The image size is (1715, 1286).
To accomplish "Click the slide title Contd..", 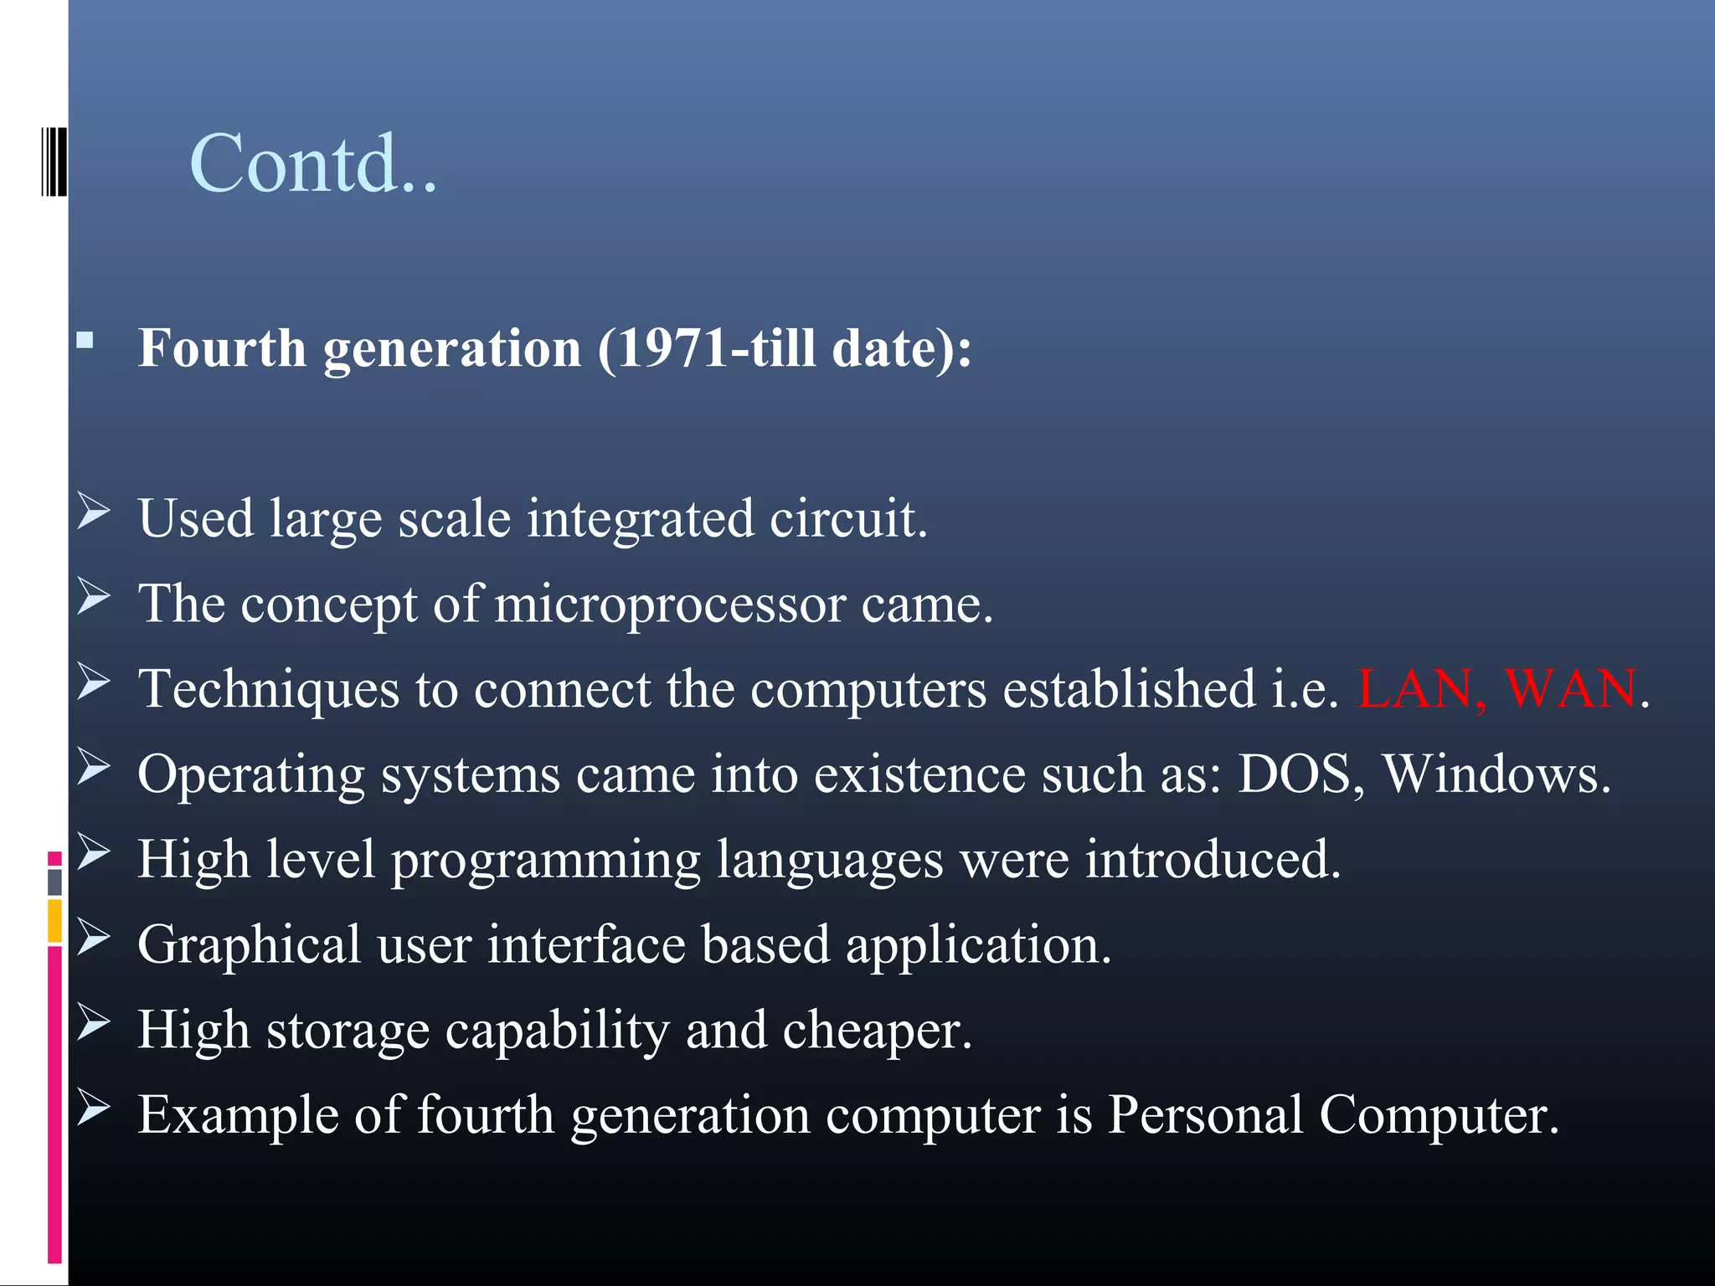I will (x=313, y=163).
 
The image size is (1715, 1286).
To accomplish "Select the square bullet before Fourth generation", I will (x=85, y=341).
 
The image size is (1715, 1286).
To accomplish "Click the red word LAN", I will (x=1415, y=689).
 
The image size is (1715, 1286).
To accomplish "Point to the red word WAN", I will (x=1571, y=689).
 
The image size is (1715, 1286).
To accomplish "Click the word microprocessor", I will (x=670, y=604).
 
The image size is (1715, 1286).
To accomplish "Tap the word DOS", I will (x=1295, y=774).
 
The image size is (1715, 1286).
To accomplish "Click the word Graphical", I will (x=249, y=946).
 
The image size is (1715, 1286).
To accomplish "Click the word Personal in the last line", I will (x=1204, y=1115).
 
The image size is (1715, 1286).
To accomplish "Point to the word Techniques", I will (x=269, y=690).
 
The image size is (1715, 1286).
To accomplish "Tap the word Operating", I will (x=251, y=775).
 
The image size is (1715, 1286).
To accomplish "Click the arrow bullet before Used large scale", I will (x=93, y=512).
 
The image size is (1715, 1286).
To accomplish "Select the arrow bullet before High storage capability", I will (x=93, y=1022).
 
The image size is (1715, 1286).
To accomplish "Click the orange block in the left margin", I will (x=54, y=921).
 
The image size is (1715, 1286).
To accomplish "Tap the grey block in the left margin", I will (x=54, y=882).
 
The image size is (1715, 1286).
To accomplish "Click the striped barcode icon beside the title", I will (x=54, y=161).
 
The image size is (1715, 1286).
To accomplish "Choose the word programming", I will (x=545, y=861).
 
